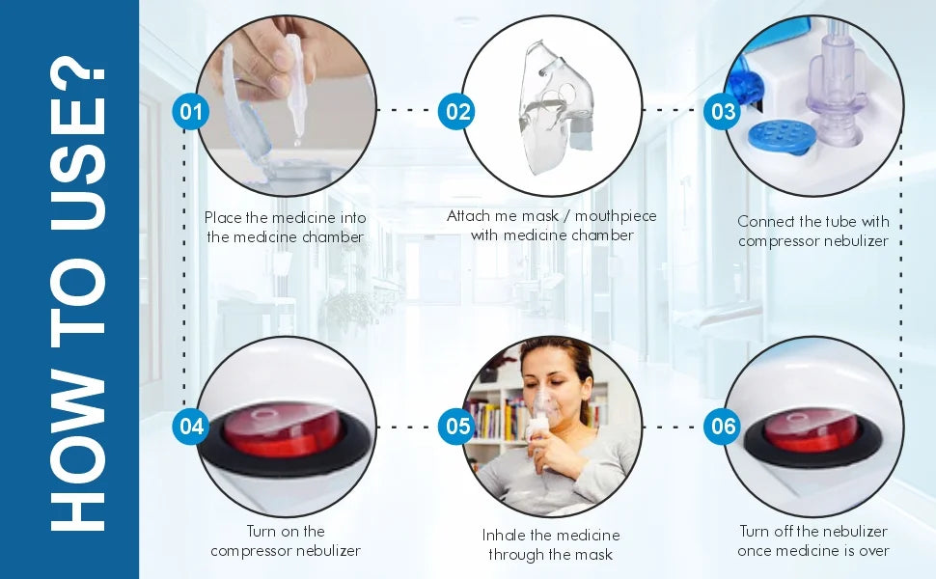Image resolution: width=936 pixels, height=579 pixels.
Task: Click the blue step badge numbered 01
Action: (x=191, y=112)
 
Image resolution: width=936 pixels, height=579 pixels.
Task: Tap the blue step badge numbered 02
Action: (x=456, y=112)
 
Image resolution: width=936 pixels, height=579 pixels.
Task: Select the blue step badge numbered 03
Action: (x=723, y=112)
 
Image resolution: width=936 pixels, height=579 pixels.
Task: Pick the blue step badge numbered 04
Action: (x=191, y=427)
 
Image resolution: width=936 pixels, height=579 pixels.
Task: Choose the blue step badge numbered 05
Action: (x=456, y=427)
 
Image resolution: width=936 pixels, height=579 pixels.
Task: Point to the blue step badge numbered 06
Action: (x=723, y=427)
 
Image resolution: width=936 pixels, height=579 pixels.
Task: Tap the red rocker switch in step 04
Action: (x=281, y=429)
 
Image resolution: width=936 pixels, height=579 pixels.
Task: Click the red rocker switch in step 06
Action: (x=811, y=429)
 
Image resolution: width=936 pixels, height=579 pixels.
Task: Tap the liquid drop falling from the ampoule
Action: (x=296, y=143)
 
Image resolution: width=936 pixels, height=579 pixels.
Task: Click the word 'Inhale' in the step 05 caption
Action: (x=503, y=535)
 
